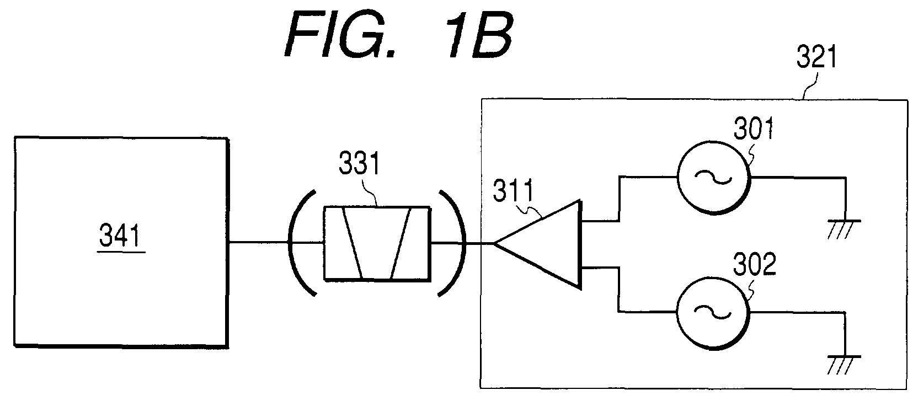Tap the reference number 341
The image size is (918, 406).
120,235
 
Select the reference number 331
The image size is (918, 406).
359,163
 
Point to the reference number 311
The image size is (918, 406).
514,190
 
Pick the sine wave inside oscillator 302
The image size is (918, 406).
713,313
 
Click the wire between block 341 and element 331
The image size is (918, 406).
275,243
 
